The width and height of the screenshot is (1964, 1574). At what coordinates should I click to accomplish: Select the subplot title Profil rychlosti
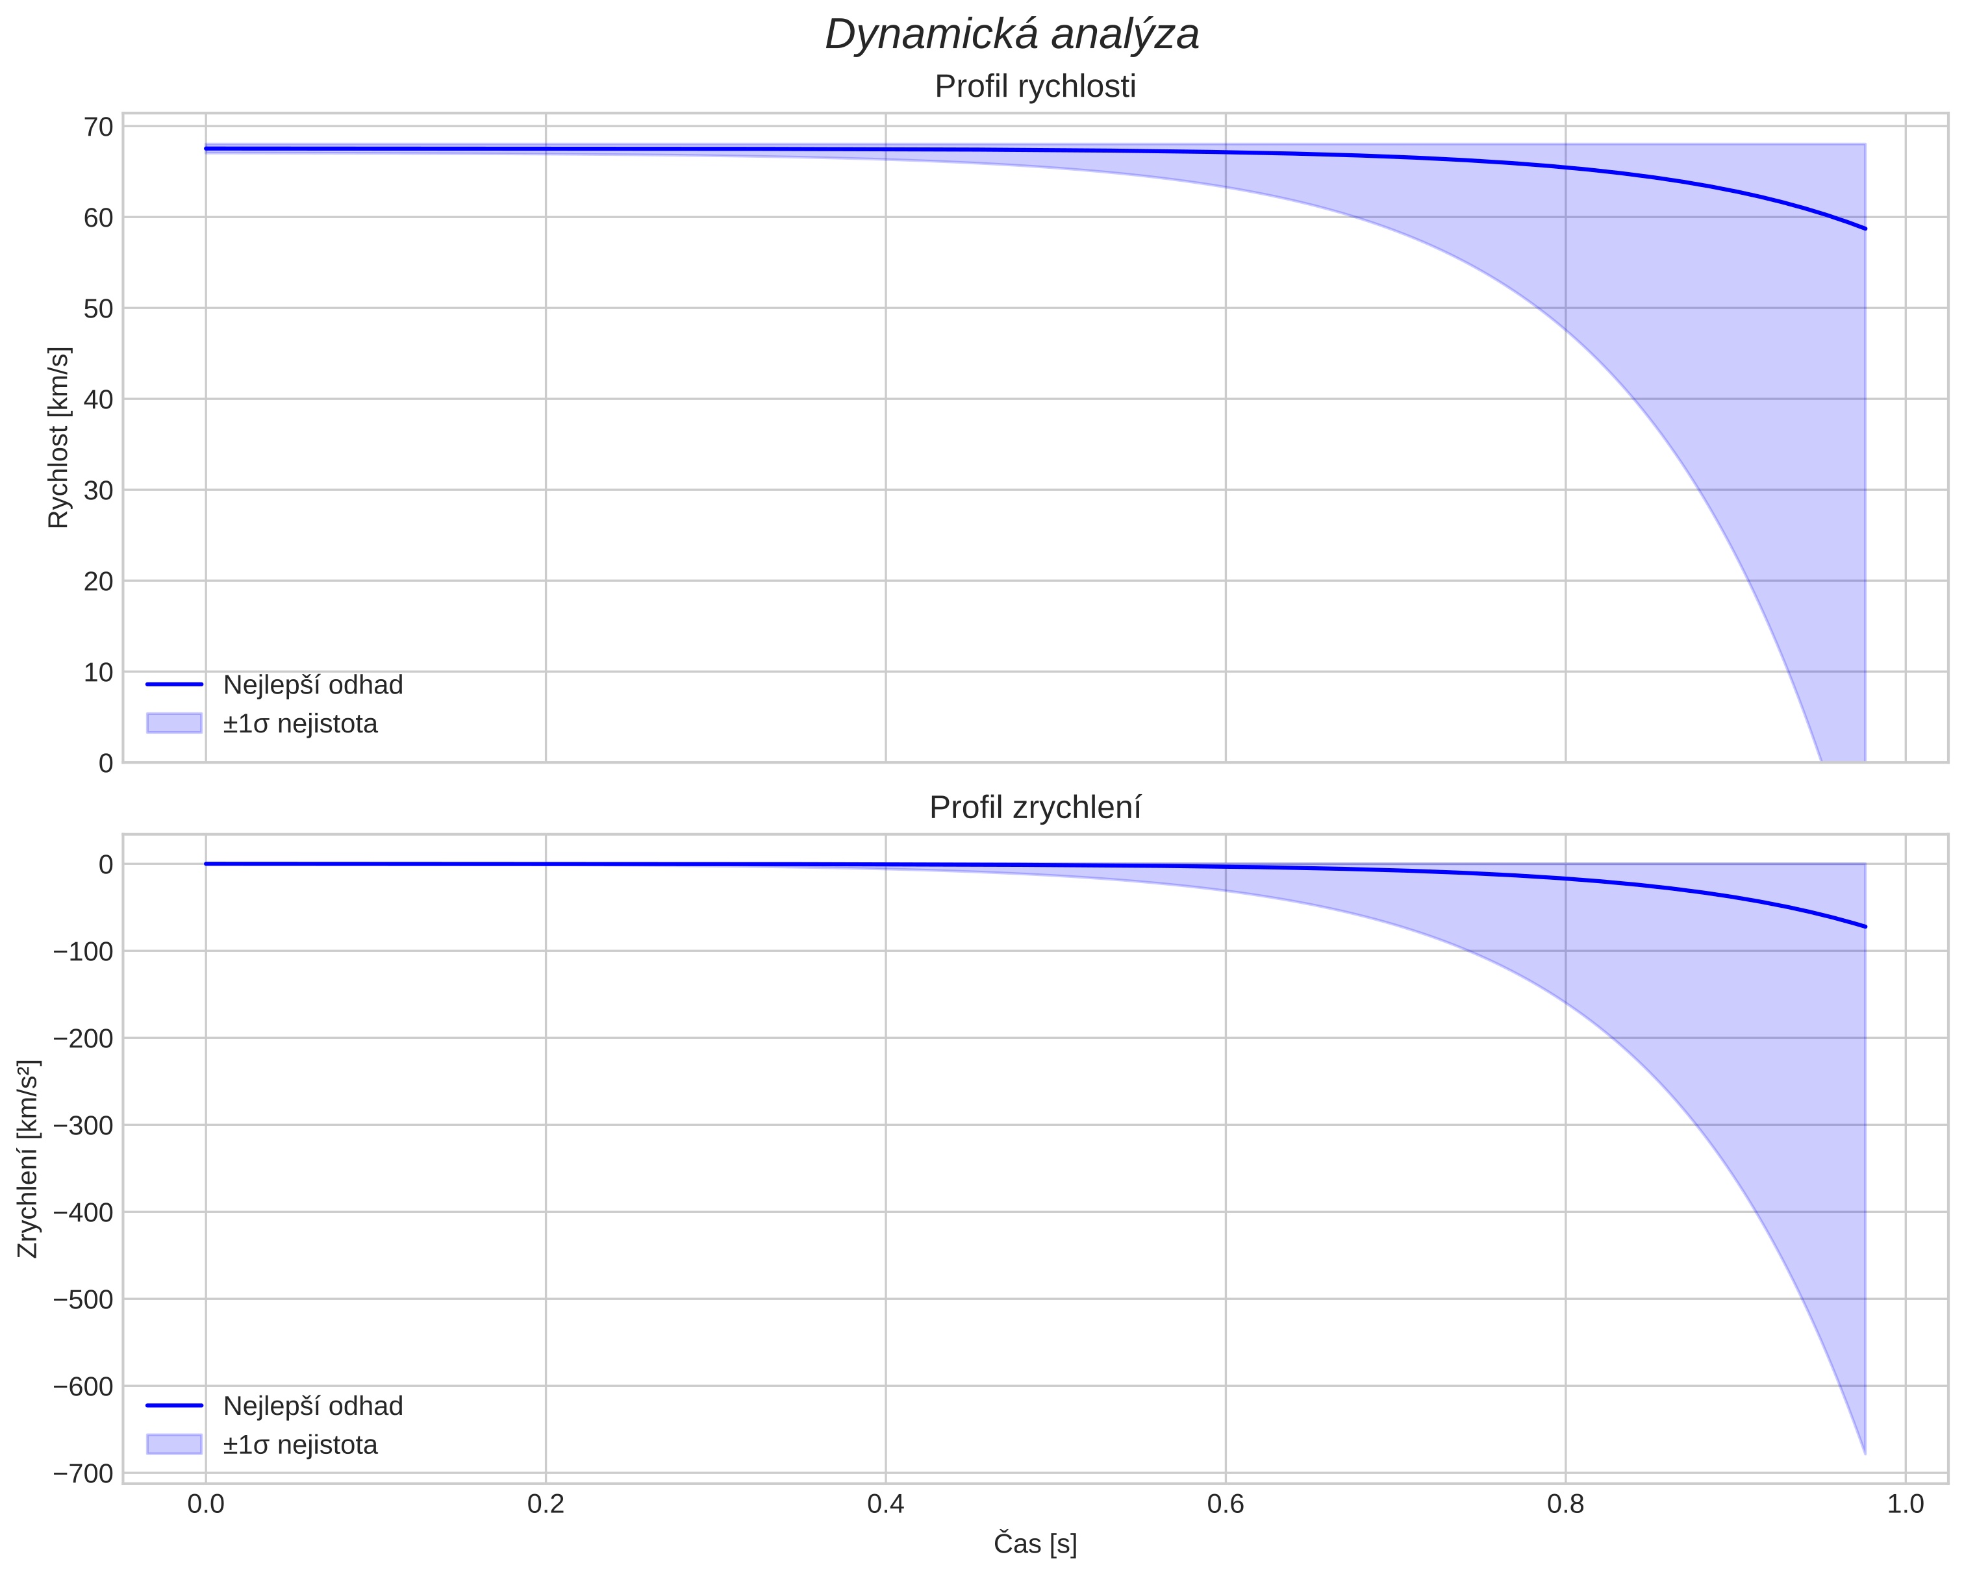coord(1035,86)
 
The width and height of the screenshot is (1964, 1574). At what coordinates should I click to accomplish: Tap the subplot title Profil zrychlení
coord(1035,808)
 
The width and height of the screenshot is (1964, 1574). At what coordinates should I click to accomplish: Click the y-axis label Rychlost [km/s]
coord(58,437)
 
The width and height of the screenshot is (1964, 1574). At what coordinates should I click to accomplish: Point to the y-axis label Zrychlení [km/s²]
coord(28,1158)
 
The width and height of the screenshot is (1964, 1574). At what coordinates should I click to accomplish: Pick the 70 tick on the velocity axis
coord(98,127)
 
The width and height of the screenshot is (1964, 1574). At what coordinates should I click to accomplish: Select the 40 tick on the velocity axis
coord(98,399)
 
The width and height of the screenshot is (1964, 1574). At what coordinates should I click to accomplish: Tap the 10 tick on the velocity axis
coord(98,672)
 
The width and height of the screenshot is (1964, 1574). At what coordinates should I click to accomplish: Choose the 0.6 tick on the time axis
coord(1225,1504)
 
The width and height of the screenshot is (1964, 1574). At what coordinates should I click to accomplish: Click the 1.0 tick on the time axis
coord(1905,1504)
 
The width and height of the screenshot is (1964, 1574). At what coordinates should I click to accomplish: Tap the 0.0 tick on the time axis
coord(206,1504)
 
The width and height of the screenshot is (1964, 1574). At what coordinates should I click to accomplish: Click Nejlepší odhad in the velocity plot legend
coord(312,685)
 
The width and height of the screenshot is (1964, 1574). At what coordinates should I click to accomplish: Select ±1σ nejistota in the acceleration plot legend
coord(299,1445)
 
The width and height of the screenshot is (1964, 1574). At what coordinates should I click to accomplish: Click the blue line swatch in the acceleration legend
coord(174,1406)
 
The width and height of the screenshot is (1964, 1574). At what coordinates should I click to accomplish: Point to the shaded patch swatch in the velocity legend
coord(174,723)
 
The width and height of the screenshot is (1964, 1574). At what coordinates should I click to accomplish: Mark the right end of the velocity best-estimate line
coord(1865,229)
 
